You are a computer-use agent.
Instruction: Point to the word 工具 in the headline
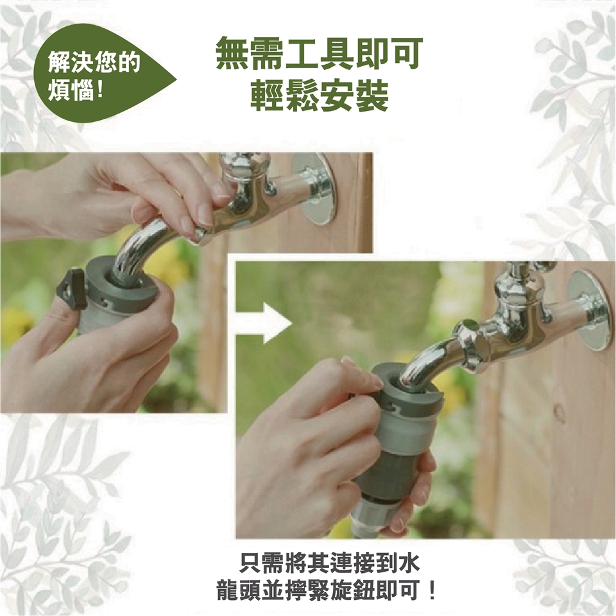(319, 53)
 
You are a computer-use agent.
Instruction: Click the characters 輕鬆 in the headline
(284, 96)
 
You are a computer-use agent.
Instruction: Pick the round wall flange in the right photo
(590, 311)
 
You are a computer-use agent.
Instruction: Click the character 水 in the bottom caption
(409, 563)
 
